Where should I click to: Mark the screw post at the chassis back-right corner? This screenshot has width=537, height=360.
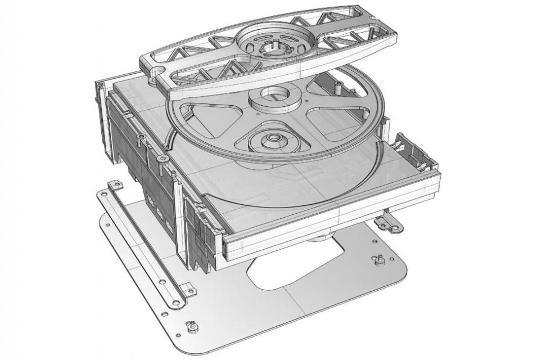click(339, 85)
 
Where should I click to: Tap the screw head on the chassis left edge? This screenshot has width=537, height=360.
click(163, 160)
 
